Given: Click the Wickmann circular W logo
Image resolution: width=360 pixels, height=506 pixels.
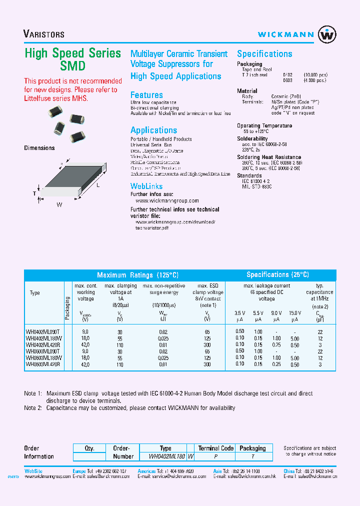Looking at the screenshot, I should [327, 35].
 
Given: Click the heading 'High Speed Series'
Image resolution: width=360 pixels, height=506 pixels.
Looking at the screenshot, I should [73, 53].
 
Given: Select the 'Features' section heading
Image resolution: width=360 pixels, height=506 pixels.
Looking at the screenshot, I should [146, 95].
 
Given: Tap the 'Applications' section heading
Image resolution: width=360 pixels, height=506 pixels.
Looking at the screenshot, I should [153, 130].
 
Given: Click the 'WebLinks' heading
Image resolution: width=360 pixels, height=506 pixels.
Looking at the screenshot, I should [146, 186].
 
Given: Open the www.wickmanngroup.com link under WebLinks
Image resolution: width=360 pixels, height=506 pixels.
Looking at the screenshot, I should [167, 200].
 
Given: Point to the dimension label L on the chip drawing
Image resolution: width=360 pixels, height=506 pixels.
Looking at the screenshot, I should [98, 185].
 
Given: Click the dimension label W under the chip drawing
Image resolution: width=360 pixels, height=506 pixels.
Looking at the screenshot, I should [58, 204].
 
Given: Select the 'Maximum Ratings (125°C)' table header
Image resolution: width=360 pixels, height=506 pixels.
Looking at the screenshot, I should [137, 275].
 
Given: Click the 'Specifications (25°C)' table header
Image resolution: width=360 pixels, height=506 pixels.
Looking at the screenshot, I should [277, 275].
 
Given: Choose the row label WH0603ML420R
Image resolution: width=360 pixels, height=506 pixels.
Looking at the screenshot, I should [42, 364].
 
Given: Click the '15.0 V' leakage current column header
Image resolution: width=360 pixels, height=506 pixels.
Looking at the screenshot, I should [295, 312].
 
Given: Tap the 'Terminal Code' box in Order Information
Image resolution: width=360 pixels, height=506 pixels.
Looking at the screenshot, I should [216, 448].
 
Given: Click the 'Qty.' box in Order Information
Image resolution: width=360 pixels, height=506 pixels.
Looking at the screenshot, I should [89, 448].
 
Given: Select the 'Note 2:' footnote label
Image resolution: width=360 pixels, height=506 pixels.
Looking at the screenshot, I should [33, 408].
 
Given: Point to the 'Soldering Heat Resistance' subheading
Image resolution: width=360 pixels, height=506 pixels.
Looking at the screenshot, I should [269, 157].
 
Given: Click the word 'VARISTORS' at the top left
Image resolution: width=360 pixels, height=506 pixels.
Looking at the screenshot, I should [44, 34].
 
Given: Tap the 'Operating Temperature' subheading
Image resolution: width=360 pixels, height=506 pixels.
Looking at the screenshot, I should [264, 126].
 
